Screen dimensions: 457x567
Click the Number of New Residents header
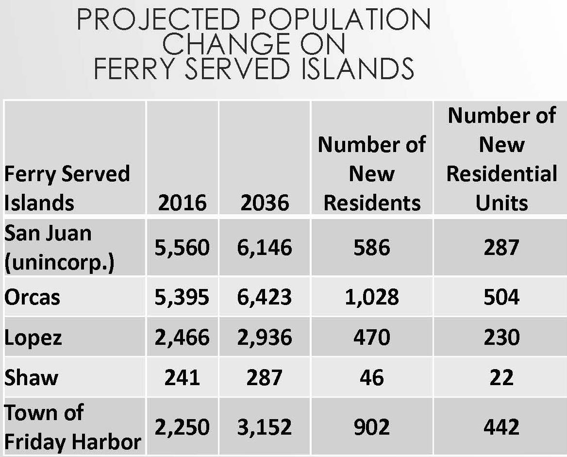coord(372,173)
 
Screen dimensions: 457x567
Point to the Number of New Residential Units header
coord(501,159)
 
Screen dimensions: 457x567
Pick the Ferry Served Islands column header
coord(67,188)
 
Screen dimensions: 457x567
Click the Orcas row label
coord(33,297)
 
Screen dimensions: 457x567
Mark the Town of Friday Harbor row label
coord(73,427)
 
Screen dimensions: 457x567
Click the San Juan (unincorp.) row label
coord(59,248)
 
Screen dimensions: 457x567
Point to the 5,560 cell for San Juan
coord(182,248)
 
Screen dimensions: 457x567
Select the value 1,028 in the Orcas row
coord(372,297)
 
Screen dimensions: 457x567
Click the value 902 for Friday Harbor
coord(372,427)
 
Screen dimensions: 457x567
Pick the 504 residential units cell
coord(501,297)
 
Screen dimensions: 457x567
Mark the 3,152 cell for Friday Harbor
coord(265,427)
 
